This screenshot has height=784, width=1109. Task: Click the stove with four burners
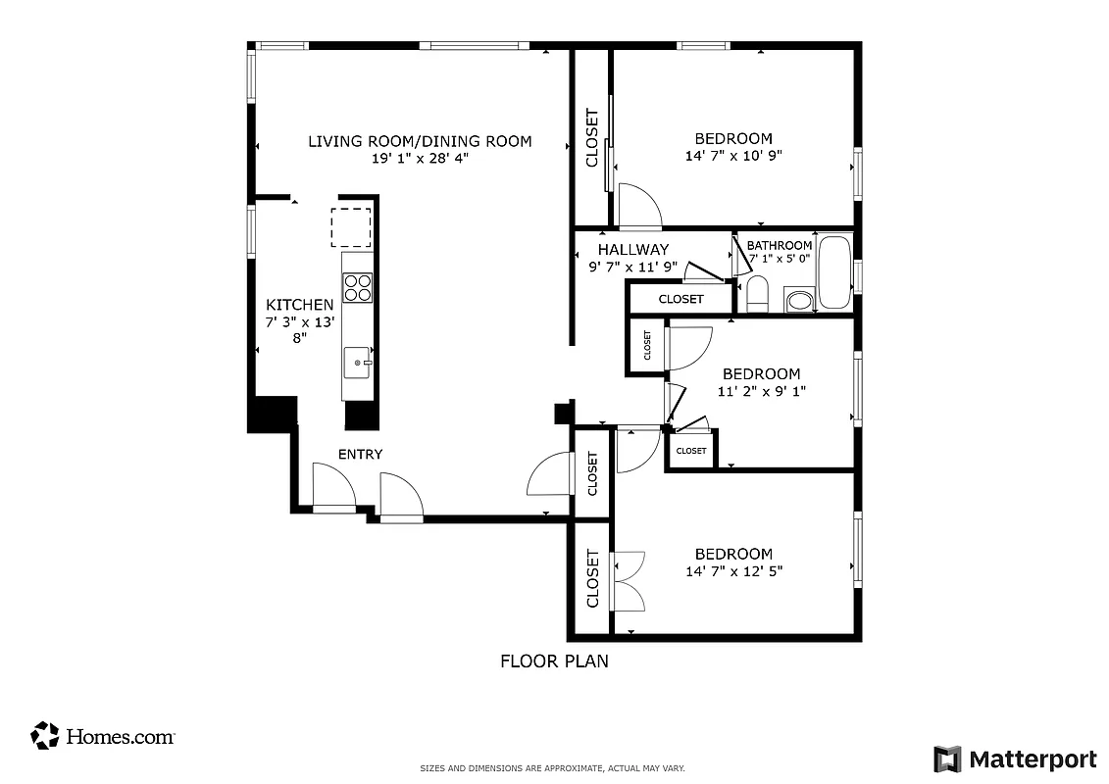pos(358,287)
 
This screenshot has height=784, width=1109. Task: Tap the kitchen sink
pos(358,363)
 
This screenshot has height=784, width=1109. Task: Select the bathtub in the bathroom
pos(834,272)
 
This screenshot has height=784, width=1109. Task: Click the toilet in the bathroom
pos(757,293)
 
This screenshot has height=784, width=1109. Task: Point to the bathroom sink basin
pos(797,300)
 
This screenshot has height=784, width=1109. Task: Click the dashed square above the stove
pos(350,227)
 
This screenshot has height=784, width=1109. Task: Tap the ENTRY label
pos(360,454)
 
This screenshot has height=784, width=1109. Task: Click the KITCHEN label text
pos(299,305)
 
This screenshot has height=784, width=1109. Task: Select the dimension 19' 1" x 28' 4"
pos(420,158)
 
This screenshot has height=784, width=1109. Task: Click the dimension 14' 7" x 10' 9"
pos(732,155)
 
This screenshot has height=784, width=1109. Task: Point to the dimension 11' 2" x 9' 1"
pos(761,390)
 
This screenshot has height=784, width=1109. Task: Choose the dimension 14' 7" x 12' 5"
pos(733,570)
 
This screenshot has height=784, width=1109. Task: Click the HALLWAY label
pos(632,249)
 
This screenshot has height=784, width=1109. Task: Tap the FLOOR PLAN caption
pos(554,661)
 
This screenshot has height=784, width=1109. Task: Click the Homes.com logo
pos(103,736)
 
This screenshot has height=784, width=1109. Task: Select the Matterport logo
pos(1015,759)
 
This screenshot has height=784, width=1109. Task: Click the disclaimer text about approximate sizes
pos(552,768)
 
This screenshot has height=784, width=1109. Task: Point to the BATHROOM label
pos(780,245)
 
